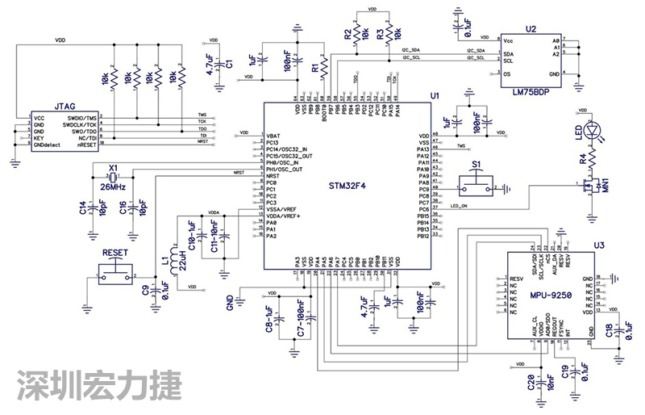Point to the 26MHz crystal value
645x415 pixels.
tap(111, 187)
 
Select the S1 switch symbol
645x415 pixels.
tap(477, 188)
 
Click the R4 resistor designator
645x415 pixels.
tap(583, 160)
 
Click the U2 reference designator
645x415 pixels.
tap(530, 28)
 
